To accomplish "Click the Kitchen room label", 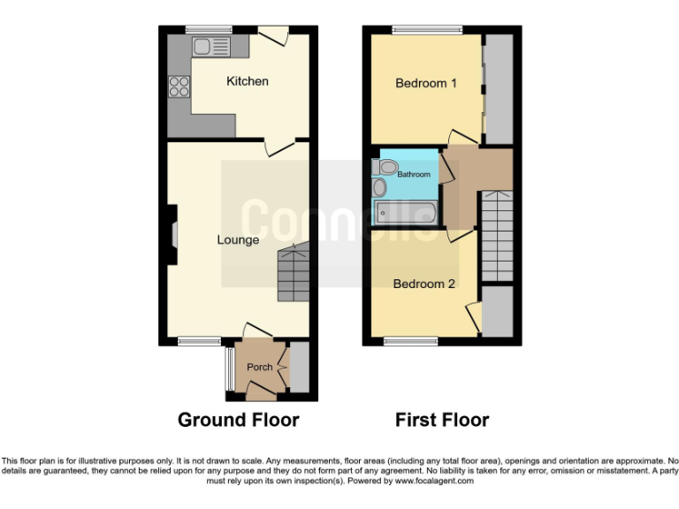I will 248,81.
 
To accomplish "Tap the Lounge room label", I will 239,239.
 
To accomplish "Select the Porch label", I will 259,367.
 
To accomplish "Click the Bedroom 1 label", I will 426,84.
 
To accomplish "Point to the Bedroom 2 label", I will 424,284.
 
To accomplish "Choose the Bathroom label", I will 413,174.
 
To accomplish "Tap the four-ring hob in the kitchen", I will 179,87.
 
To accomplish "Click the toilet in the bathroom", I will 386,167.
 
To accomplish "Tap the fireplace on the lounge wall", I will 173,234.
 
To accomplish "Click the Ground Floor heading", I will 239,420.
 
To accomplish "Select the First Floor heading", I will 442,420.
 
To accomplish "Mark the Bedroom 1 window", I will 427,29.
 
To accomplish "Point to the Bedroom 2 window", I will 411,341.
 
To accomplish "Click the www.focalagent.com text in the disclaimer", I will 433,482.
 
